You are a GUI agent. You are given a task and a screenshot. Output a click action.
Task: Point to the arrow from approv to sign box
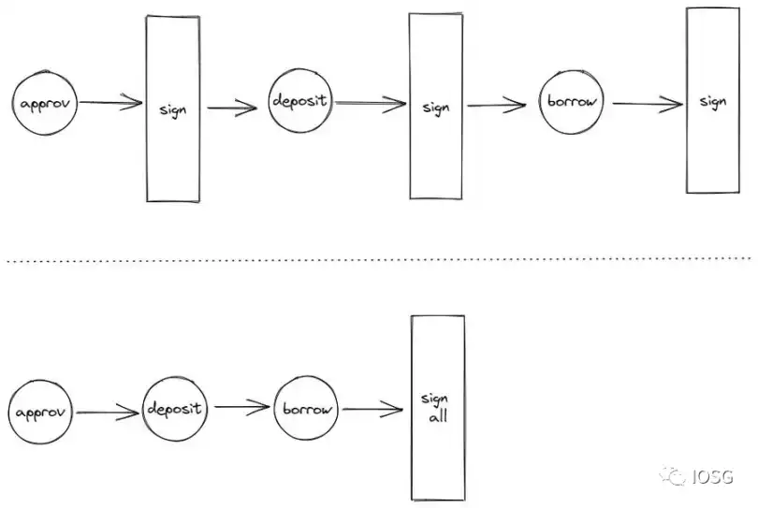click(110, 102)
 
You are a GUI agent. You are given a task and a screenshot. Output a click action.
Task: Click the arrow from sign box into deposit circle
click(232, 108)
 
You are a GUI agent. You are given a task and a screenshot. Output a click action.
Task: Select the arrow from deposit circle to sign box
click(371, 103)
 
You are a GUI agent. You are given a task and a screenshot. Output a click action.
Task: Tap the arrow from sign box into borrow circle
click(497, 105)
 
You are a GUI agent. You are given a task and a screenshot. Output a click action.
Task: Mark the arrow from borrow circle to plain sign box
click(648, 104)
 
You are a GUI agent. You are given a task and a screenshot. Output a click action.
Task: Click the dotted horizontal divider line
click(379, 260)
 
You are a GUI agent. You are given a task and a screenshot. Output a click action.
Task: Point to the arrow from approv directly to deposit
click(108, 413)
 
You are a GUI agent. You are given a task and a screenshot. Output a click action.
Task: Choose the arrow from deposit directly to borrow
click(242, 407)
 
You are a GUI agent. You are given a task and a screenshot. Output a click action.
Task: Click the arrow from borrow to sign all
click(372, 410)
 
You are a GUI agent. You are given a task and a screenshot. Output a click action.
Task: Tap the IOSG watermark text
click(712, 476)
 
